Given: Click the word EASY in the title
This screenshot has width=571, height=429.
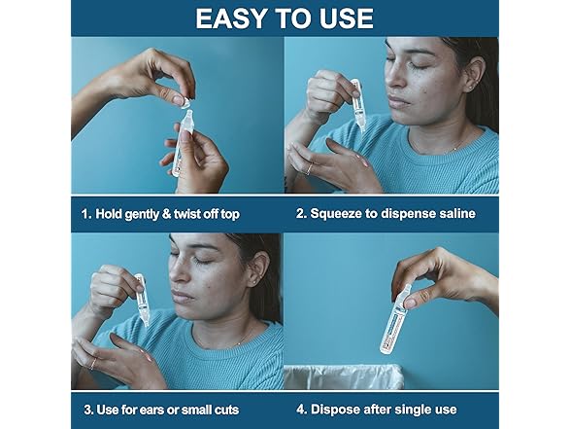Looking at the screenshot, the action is [x=231, y=18].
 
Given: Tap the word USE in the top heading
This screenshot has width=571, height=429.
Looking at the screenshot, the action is [x=347, y=18].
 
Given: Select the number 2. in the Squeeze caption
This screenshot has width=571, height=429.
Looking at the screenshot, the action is [x=301, y=213].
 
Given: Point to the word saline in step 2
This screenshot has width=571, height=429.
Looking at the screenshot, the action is [x=457, y=213].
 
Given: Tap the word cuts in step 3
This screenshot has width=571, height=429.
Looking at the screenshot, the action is [x=226, y=411].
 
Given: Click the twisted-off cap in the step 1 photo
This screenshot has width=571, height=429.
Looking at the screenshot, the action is [x=186, y=102].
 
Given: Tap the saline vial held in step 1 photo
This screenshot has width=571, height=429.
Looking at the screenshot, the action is [x=182, y=143].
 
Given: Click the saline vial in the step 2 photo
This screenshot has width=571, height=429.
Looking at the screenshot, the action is [x=358, y=105].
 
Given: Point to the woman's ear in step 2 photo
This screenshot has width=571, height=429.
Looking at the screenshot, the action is [x=474, y=76].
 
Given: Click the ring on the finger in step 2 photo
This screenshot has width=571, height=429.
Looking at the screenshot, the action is [x=309, y=169].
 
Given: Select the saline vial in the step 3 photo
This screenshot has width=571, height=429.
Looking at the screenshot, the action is [x=143, y=300].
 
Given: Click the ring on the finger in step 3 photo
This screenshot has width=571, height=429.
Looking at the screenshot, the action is [x=93, y=364].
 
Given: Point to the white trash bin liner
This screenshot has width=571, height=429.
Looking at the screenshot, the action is [x=344, y=376].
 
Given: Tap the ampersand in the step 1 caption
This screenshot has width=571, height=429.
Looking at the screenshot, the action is [x=166, y=214].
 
